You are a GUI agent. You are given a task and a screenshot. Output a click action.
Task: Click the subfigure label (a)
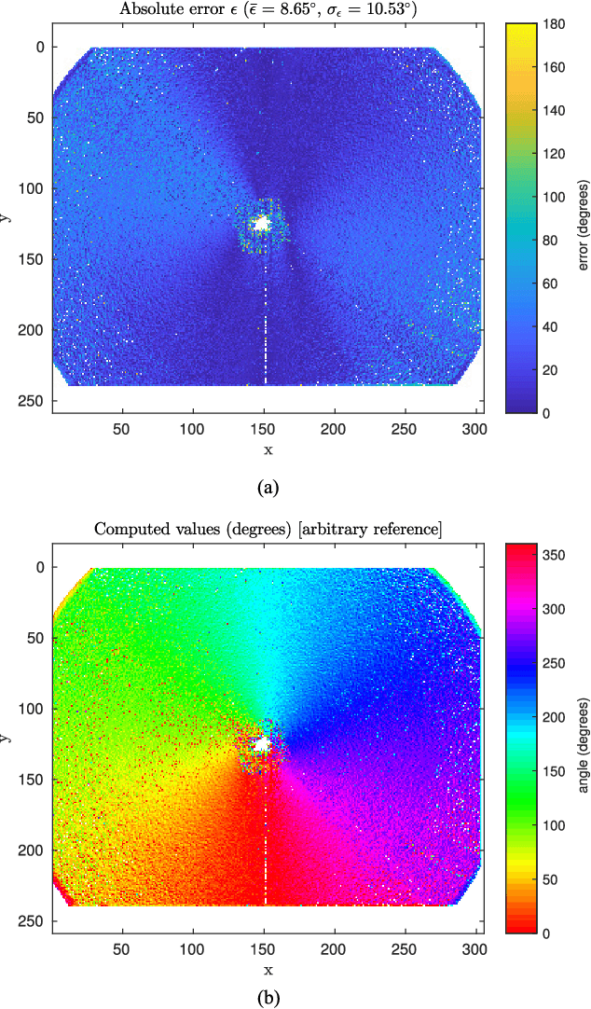(x=268, y=487)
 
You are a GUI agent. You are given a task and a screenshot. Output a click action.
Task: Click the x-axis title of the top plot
(x=268, y=449)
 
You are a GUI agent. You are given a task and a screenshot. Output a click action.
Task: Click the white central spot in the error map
(x=262, y=224)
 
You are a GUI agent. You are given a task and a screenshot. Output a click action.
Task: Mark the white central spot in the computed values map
(x=262, y=744)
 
